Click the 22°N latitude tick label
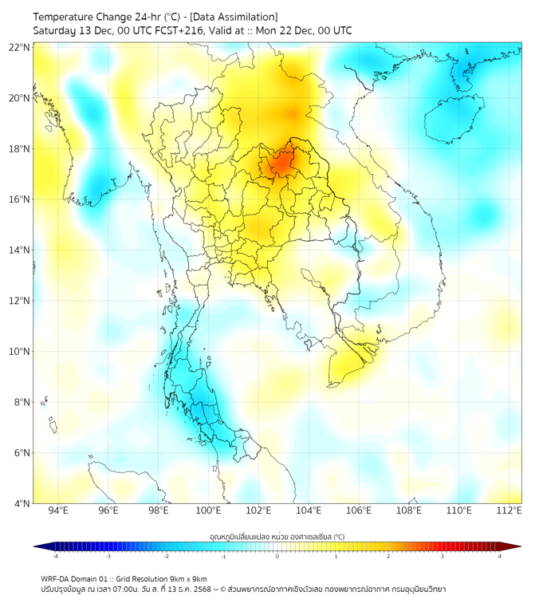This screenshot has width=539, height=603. (x=20, y=47)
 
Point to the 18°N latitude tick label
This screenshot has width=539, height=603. (x=20, y=149)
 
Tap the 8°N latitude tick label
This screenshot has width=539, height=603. (x=22, y=402)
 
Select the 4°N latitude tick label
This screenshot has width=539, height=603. (x=22, y=503)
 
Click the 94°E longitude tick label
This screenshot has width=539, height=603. (x=58, y=510)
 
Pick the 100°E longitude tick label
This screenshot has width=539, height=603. (x=209, y=510)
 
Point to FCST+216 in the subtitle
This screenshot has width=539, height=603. (x=175, y=30)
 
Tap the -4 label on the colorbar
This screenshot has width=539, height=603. (x=55, y=556)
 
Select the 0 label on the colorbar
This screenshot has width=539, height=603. (x=277, y=556)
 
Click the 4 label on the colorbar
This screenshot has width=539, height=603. (x=499, y=556)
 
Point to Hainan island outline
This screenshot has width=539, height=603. (x=454, y=120)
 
